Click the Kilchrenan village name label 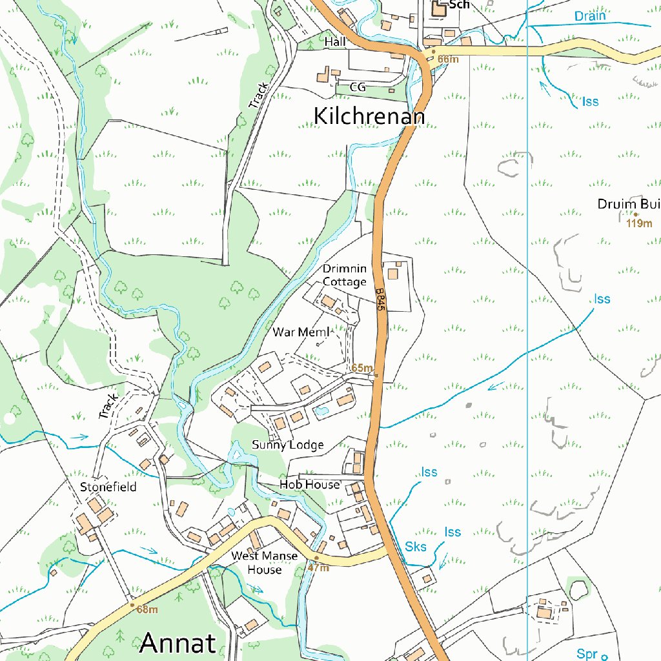[x=369, y=116]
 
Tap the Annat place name [x=178, y=643]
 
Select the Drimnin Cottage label [x=345, y=275]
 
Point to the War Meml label [x=301, y=332]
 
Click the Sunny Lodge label [x=288, y=445]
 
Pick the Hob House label [x=309, y=484]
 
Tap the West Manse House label [x=265, y=563]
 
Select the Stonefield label [x=108, y=487]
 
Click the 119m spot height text [x=639, y=224]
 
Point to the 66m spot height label [x=448, y=59]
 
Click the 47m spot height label [x=318, y=568]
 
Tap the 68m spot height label [x=147, y=609]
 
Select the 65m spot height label [x=362, y=368]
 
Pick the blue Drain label [x=590, y=16]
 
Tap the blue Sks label [x=416, y=547]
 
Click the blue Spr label [x=587, y=654]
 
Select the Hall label [x=335, y=42]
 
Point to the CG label [x=358, y=86]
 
